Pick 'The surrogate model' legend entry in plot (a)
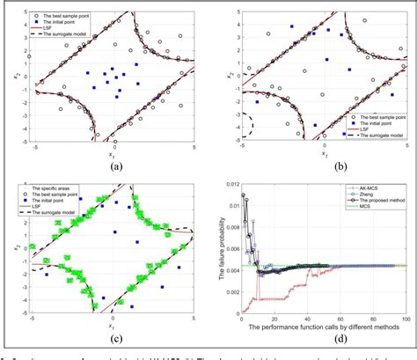point(73,36)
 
